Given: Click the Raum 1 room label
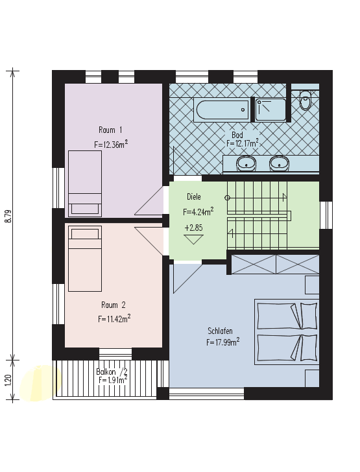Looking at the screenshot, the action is pyautogui.click(x=110, y=130).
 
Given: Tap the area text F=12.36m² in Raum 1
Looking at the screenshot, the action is pyautogui.click(x=111, y=144).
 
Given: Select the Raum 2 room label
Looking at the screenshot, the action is pyautogui.click(x=114, y=305).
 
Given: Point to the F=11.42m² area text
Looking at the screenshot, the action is pyautogui.click(x=114, y=318).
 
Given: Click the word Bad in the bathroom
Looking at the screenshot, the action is pyautogui.click(x=237, y=135).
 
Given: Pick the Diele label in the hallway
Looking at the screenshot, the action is pyautogui.click(x=194, y=197).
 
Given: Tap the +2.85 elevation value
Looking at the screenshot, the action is pyautogui.click(x=193, y=228).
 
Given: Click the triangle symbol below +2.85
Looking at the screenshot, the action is pyautogui.click(x=193, y=239).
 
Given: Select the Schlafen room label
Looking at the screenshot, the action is pyautogui.click(x=221, y=331).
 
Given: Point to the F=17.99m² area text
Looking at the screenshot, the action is pyautogui.click(x=223, y=342).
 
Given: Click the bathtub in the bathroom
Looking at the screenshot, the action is pyautogui.click(x=221, y=110).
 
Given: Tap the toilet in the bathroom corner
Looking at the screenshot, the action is pyautogui.click(x=305, y=100).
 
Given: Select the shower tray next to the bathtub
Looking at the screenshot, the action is pyautogui.click(x=270, y=110).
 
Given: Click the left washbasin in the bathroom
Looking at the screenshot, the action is pyautogui.click(x=246, y=163).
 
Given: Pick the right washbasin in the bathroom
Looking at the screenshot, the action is pyautogui.click(x=280, y=163).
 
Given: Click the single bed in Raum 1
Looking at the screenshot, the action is pyautogui.click(x=85, y=183).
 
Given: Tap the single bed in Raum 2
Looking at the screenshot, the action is pyautogui.click(x=85, y=259).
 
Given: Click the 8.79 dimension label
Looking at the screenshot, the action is pyautogui.click(x=8, y=216).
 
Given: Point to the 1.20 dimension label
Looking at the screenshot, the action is pyautogui.click(x=8, y=380).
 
